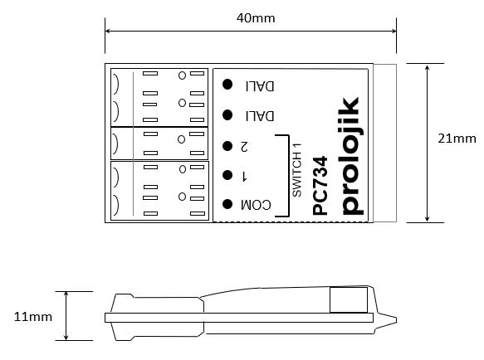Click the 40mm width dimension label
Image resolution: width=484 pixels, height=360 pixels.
click(257, 17)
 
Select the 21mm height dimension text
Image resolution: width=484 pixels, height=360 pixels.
click(456, 139)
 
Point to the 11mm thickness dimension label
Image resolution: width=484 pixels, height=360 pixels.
click(33, 316)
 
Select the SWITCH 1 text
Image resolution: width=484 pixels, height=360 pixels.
click(296, 168)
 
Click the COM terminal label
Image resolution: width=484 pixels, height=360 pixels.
click(256, 204)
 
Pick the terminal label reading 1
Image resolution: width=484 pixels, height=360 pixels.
click(244, 175)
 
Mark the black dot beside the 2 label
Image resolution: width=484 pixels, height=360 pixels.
click(227, 146)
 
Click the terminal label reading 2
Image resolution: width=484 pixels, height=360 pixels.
click(244, 146)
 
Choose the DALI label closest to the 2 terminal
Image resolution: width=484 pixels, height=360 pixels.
click(260, 115)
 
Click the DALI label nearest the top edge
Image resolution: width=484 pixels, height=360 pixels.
click(260, 85)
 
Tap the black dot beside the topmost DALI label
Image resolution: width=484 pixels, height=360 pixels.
click(227, 84)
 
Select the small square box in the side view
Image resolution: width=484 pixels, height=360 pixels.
click(343, 299)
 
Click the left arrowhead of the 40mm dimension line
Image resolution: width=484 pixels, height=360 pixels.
click(109, 32)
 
